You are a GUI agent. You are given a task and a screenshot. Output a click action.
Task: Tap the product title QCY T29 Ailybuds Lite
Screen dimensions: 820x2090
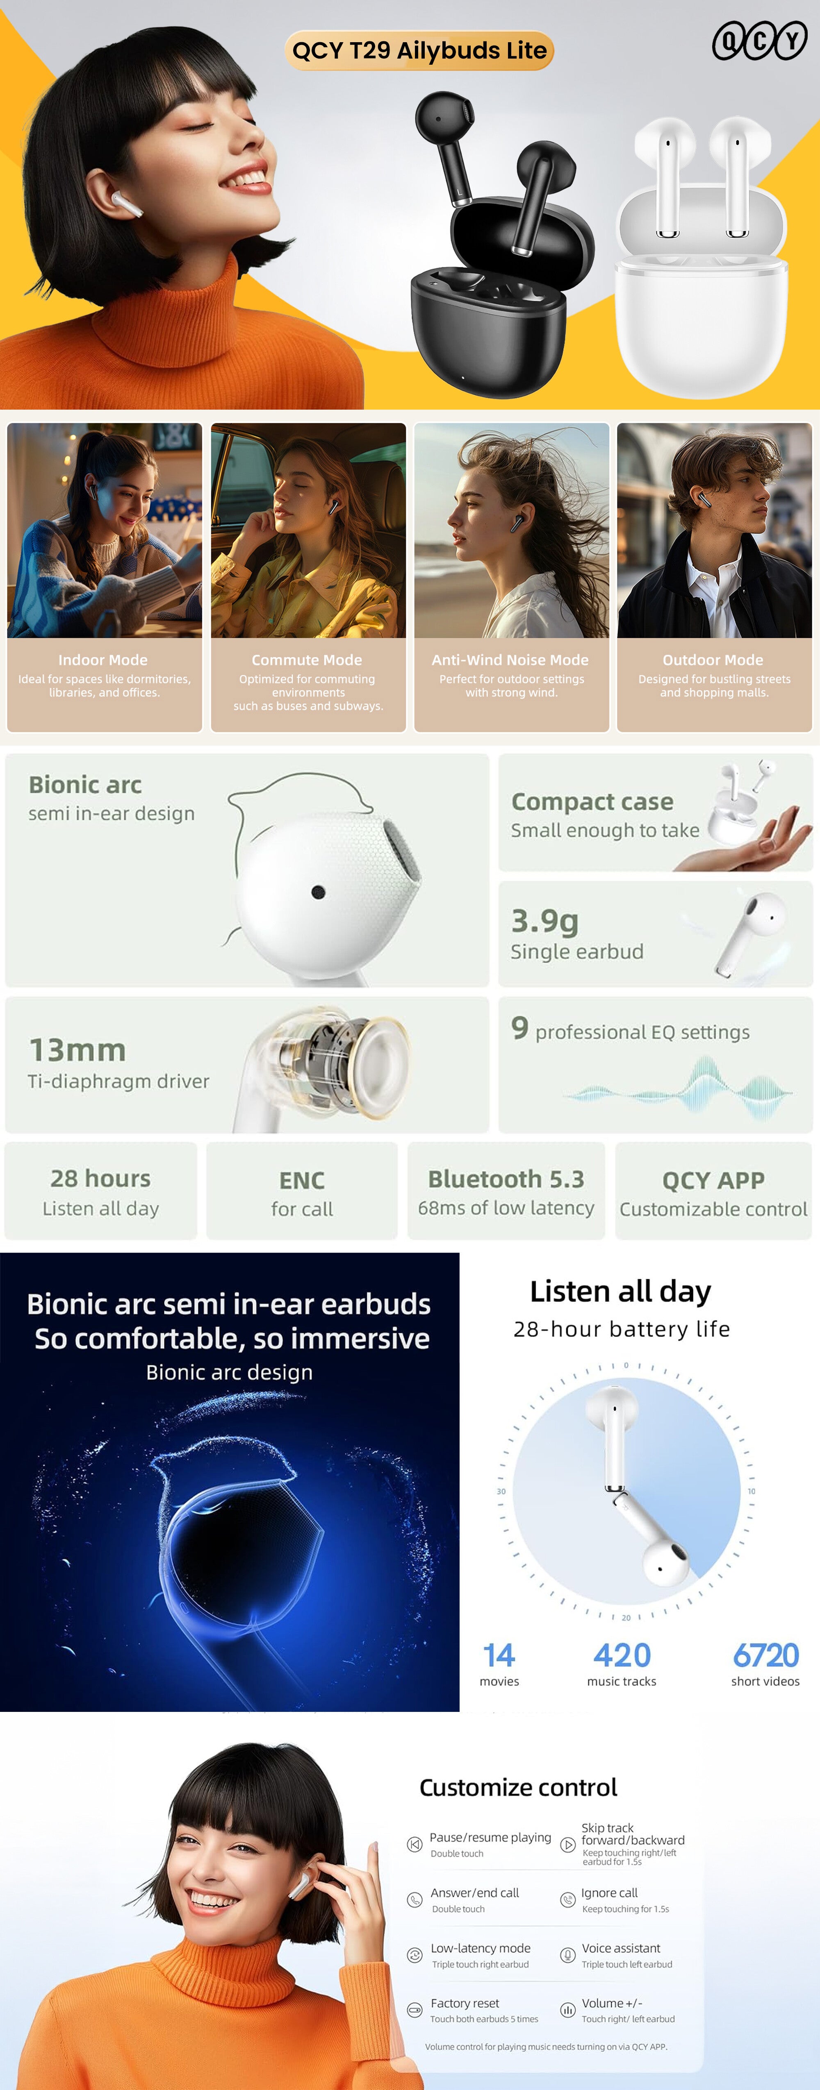(419, 50)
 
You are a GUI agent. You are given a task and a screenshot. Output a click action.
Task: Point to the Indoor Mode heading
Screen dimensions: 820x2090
(103, 660)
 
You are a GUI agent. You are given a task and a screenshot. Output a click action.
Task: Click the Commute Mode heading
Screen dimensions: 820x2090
(307, 660)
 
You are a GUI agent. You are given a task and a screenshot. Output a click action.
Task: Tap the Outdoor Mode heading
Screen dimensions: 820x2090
(713, 660)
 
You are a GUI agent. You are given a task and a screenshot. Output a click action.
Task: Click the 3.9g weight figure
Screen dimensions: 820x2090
(545, 921)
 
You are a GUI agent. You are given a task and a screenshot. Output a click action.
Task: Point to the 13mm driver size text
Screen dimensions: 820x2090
(78, 1050)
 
